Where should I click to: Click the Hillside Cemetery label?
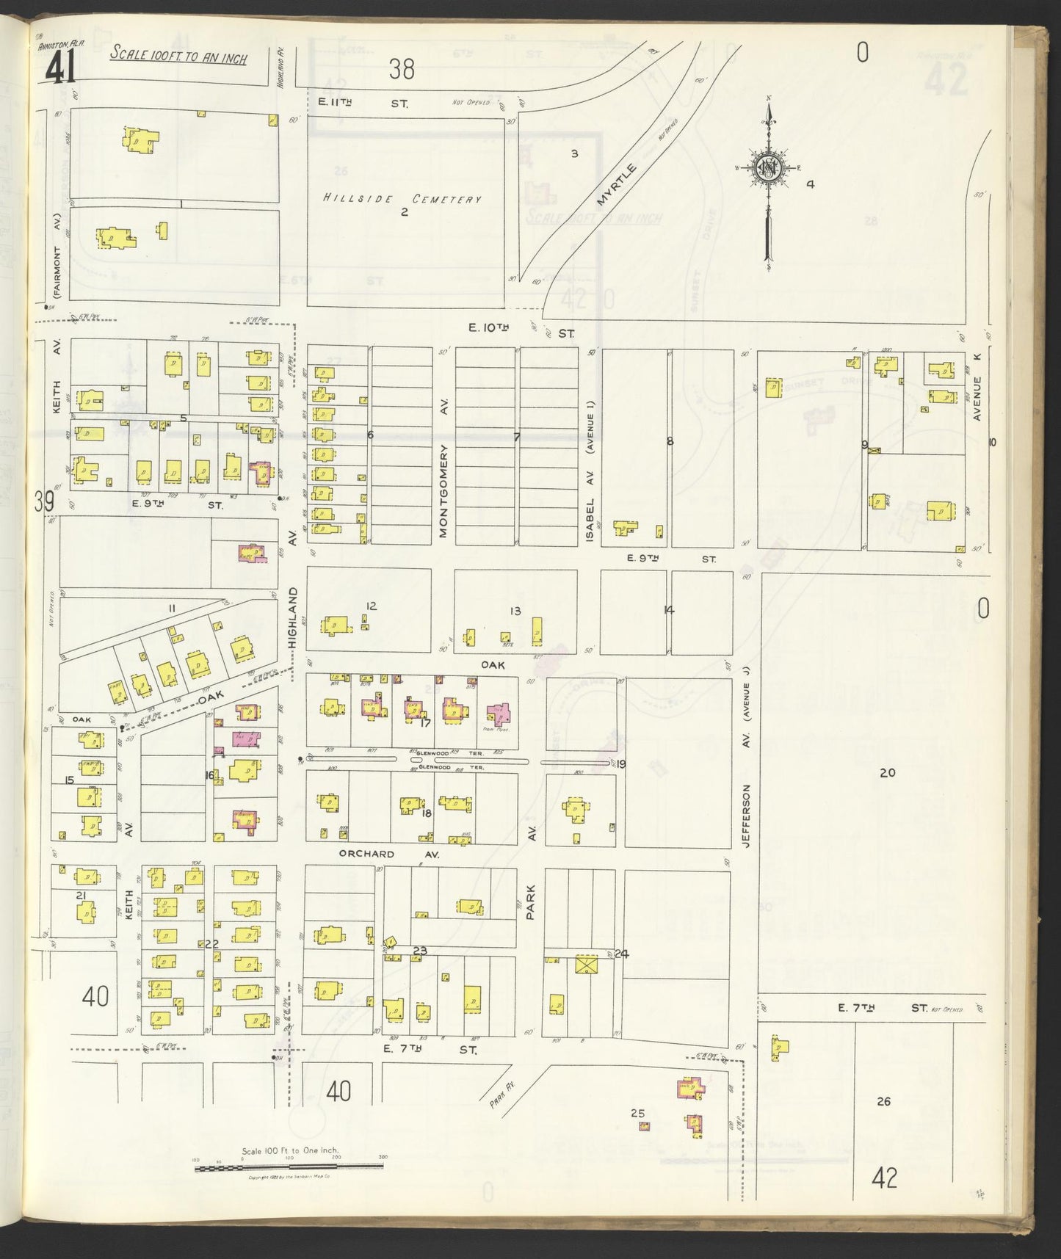point(403,199)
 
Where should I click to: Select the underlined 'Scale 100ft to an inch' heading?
point(178,56)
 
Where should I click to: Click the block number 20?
point(888,772)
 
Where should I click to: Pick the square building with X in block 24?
point(587,965)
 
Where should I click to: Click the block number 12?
point(371,606)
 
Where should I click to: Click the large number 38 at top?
point(402,70)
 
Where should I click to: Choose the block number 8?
point(669,441)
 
